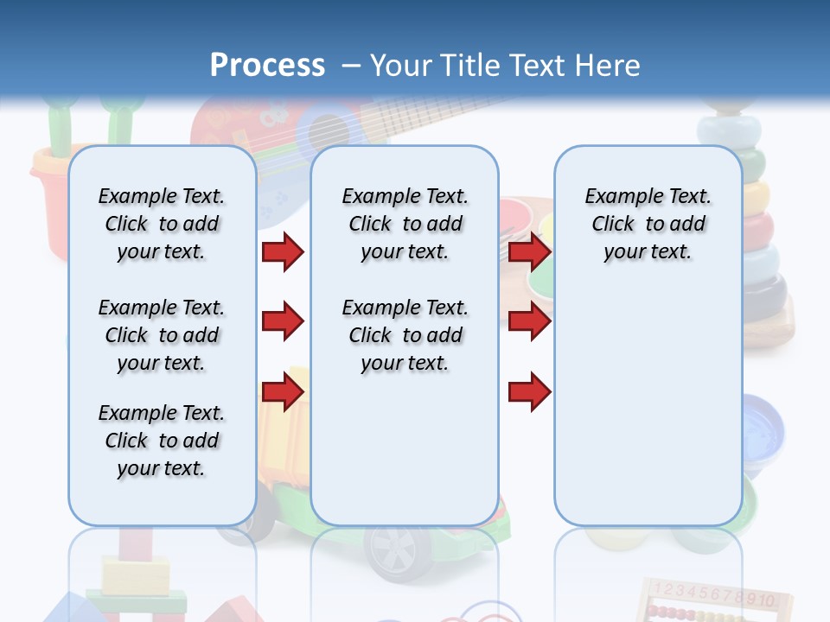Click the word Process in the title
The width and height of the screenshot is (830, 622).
(x=267, y=66)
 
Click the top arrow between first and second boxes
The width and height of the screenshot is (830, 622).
(x=283, y=251)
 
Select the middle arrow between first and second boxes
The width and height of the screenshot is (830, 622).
(x=283, y=321)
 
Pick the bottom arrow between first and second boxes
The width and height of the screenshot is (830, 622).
(x=283, y=391)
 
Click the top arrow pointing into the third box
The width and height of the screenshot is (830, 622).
(x=529, y=251)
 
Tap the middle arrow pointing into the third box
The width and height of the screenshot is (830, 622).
(x=529, y=321)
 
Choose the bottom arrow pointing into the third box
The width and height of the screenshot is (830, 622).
(x=529, y=391)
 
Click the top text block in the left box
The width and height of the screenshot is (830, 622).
(x=162, y=224)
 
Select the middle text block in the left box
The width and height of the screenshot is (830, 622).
(x=162, y=335)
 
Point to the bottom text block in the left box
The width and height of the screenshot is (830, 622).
(x=162, y=441)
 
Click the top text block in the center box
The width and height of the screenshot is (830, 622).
(x=405, y=224)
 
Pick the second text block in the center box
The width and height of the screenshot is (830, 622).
(x=405, y=335)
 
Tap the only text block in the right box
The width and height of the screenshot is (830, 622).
(x=648, y=224)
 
